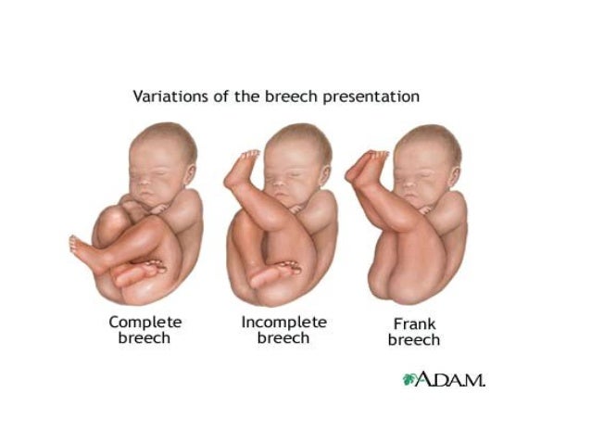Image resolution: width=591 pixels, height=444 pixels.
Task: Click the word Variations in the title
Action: (x=167, y=96)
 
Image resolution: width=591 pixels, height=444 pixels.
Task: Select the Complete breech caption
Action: (x=145, y=329)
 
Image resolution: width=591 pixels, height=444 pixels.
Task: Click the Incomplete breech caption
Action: (x=283, y=329)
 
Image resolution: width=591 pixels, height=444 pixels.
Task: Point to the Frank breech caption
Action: (x=413, y=333)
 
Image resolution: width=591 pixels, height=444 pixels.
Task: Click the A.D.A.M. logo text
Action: (x=450, y=379)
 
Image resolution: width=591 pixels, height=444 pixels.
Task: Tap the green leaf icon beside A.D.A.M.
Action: (x=409, y=379)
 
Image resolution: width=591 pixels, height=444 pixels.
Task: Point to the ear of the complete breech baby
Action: (x=190, y=176)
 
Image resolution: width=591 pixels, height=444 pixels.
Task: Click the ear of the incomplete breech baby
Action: (x=323, y=174)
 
